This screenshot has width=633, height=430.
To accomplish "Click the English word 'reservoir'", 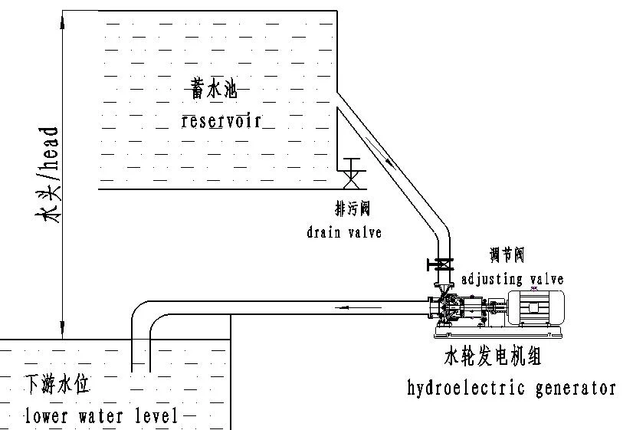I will tap(226, 121).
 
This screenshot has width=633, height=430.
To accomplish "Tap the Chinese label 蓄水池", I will tap(209, 90).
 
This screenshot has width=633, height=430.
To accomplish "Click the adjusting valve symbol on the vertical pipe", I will tap(441, 265).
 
